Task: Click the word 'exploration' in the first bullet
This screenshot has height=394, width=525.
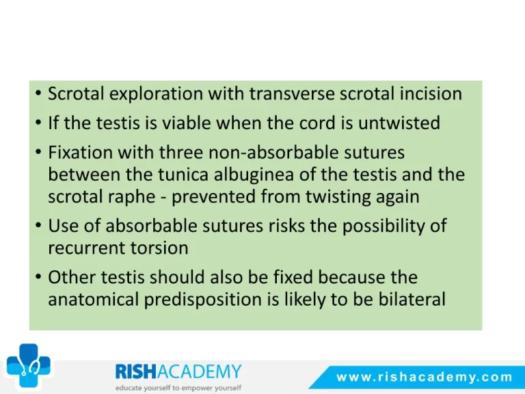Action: [156, 94]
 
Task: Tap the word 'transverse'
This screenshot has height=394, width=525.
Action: [292, 94]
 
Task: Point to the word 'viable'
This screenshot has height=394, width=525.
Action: [186, 122]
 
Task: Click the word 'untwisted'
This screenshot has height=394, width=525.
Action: [399, 122]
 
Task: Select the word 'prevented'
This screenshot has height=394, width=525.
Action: [213, 197]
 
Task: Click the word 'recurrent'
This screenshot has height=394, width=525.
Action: [86, 248]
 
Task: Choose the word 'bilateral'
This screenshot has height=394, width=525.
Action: [412, 299]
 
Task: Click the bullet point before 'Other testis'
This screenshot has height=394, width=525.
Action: [38, 277]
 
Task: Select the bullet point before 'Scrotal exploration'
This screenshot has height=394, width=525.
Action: [38, 93]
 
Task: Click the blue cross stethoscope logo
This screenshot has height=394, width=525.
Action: [29, 365]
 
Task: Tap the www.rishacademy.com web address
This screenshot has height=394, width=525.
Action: [425, 378]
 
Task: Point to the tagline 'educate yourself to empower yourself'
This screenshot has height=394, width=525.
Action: [178, 388]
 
